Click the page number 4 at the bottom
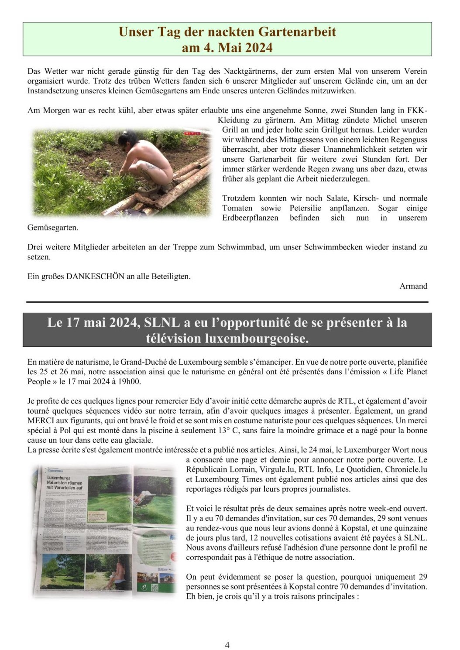point(227,645)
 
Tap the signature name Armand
point(413,286)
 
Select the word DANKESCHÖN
point(95,276)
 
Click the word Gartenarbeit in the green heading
point(297,32)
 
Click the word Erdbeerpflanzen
point(250,218)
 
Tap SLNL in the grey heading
point(162,322)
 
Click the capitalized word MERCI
point(41,421)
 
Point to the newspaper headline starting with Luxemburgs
point(64,483)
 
